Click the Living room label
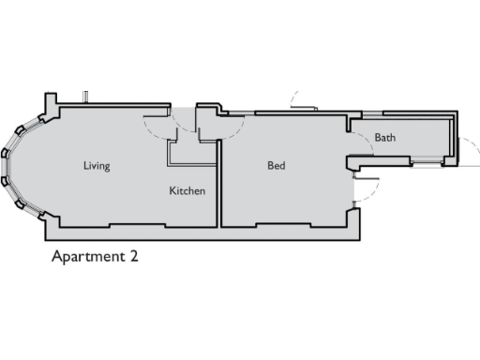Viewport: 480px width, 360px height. tap(97, 167)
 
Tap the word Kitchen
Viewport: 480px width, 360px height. tap(187, 191)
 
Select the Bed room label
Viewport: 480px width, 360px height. tap(276, 167)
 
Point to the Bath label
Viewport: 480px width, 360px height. tap(384, 138)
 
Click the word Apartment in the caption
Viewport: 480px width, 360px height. tap(88, 256)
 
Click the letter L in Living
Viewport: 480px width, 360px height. tap(85, 167)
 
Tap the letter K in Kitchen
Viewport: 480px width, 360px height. tap(172, 191)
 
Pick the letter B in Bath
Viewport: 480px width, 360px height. tap(378, 138)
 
